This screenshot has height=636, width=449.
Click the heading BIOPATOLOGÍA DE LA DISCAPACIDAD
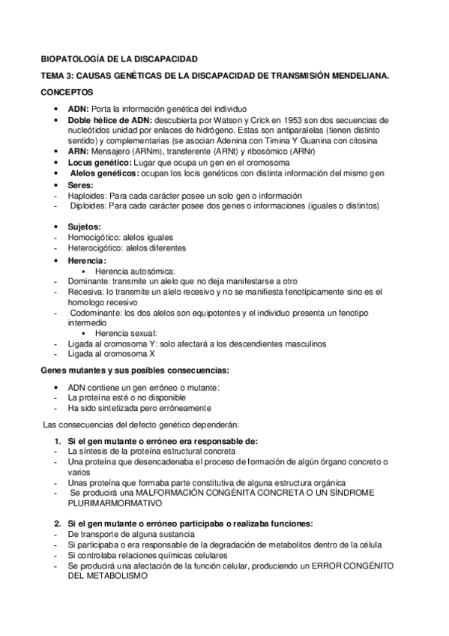[118, 58]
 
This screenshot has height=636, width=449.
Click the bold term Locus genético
[101, 162]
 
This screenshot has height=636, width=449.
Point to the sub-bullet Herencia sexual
[126, 334]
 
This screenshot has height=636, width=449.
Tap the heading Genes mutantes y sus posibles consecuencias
[135, 371]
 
